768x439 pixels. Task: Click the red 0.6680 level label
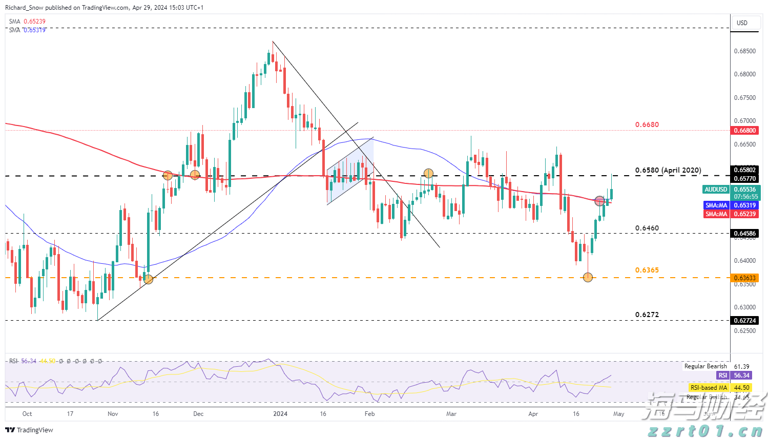[x=647, y=124]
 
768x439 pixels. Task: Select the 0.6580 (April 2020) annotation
[x=668, y=170]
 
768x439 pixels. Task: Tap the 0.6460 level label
[x=647, y=228]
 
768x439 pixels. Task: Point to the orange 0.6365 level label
[x=647, y=270]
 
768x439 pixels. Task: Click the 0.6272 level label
[x=647, y=315]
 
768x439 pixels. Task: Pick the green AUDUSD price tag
[x=716, y=190]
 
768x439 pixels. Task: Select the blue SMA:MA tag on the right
[x=716, y=205]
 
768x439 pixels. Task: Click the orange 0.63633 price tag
[x=745, y=278]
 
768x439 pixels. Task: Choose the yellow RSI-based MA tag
[x=709, y=388]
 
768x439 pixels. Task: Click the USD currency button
[x=742, y=23]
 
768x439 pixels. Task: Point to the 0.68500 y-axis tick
[x=744, y=51]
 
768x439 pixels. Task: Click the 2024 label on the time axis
[x=280, y=414]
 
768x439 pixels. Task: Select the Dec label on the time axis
[x=198, y=414]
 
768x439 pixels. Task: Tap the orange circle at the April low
[x=588, y=277]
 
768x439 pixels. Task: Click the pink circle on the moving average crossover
[x=599, y=201]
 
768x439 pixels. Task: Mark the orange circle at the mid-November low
[x=148, y=279]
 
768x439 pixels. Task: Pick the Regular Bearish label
[x=705, y=366]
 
